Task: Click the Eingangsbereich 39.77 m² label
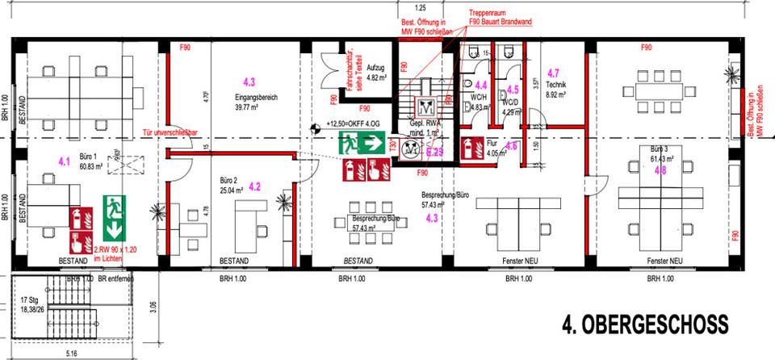point(256,102)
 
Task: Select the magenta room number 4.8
point(660,170)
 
